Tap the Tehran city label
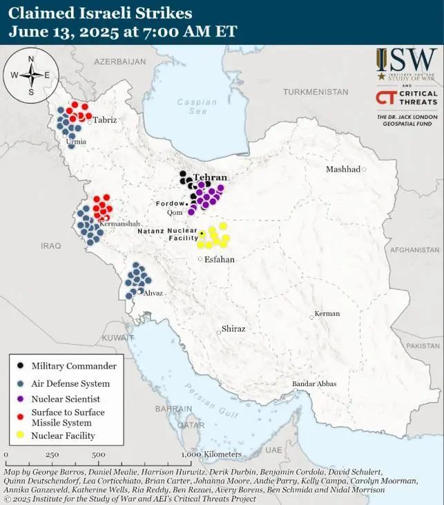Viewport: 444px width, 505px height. [x=210, y=178]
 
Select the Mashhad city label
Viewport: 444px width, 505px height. [x=343, y=169]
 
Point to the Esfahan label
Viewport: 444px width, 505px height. [x=220, y=260]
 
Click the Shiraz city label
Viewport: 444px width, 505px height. [x=233, y=329]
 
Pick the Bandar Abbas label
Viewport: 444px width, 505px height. [x=314, y=383]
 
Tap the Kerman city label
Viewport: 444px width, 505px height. [x=327, y=314]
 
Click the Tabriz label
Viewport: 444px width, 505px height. [x=105, y=120]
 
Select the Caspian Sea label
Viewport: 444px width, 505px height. [x=191, y=106]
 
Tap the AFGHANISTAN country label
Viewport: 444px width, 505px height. [x=415, y=251]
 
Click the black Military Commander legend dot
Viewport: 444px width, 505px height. [x=21, y=366]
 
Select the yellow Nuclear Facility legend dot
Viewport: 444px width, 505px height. [x=21, y=435]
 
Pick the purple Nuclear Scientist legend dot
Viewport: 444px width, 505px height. [x=21, y=399]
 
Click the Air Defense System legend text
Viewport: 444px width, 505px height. [x=70, y=383]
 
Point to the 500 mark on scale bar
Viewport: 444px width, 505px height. [x=98, y=455]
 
